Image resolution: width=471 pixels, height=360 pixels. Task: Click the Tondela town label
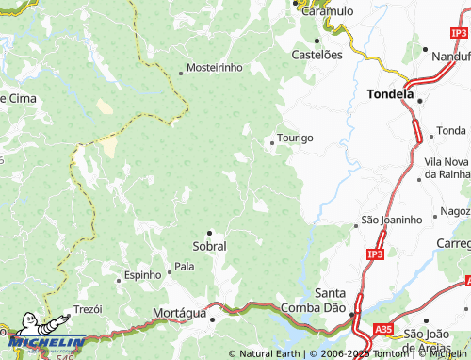click(389, 94)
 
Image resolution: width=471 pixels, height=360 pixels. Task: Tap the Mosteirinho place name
click(215, 68)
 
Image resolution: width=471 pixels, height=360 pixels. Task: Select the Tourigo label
click(296, 138)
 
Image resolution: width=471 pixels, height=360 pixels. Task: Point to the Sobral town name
click(209, 245)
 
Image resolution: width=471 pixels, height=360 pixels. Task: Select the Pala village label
click(185, 267)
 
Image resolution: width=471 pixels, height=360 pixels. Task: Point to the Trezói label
click(88, 309)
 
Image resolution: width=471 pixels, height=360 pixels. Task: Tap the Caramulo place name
click(326, 10)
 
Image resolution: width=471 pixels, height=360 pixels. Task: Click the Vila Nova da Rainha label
click(447, 168)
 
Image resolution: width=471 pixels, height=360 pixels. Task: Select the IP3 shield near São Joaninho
click(376, 254)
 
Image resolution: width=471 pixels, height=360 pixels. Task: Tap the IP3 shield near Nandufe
click(459, 34)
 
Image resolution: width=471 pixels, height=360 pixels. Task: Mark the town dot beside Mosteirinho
click(181, 73)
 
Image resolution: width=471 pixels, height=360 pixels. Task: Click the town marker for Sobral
click(209, 232)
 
